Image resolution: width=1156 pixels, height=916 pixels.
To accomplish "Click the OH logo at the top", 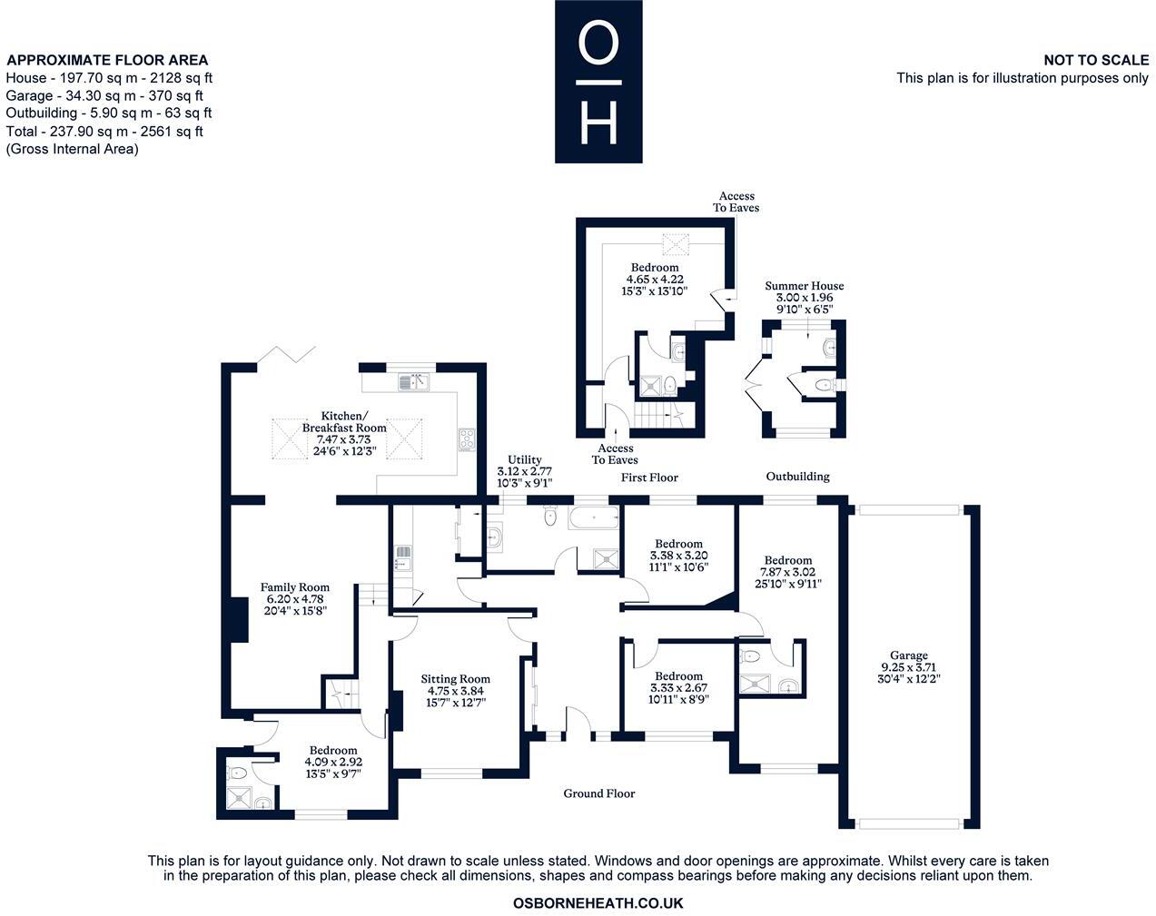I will pos(598,82).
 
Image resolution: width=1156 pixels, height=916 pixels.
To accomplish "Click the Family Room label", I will pos(294,599).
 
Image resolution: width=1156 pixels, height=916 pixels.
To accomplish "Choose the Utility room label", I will pos(524,471).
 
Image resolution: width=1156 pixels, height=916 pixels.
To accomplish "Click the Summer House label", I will pos(804,297).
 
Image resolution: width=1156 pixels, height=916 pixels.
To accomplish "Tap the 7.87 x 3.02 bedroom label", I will pos(787,572).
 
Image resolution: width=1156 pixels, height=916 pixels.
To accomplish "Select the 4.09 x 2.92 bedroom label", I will pos(332,762).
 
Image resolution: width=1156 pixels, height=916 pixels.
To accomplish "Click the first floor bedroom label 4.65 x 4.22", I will pos(654,280).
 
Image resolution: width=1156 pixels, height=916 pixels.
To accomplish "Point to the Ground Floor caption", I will pos(598,793).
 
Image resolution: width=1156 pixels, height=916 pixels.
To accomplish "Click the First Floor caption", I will pos(649,478).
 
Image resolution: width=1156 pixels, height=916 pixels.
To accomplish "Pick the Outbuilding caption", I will pos(797,477).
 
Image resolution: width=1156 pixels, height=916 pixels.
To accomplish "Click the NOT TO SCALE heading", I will pos(1096,60).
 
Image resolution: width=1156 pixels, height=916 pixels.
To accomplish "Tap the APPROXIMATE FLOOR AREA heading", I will pos(107,61).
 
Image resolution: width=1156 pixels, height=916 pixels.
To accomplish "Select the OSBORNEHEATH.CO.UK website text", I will pos(598,903).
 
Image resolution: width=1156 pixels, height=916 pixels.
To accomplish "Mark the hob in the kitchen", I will pos(467,439).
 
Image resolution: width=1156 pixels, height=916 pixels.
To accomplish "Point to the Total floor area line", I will pos(104,132).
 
